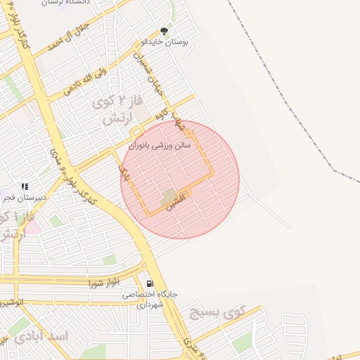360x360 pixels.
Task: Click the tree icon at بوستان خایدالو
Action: [x=165, y=31]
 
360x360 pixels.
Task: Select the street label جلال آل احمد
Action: [x=67, y=37]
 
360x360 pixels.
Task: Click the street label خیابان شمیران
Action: [x=148, y=77]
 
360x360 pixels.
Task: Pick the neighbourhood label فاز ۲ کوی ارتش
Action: [x=118, y=110]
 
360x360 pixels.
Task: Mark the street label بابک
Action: [x=124, y=171]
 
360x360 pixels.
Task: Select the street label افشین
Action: [x=176, y=203]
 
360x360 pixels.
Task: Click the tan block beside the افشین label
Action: [x=169, y=194]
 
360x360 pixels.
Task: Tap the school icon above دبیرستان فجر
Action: [x=25, y=187]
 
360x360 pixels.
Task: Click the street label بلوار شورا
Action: [x=104, y=283]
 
